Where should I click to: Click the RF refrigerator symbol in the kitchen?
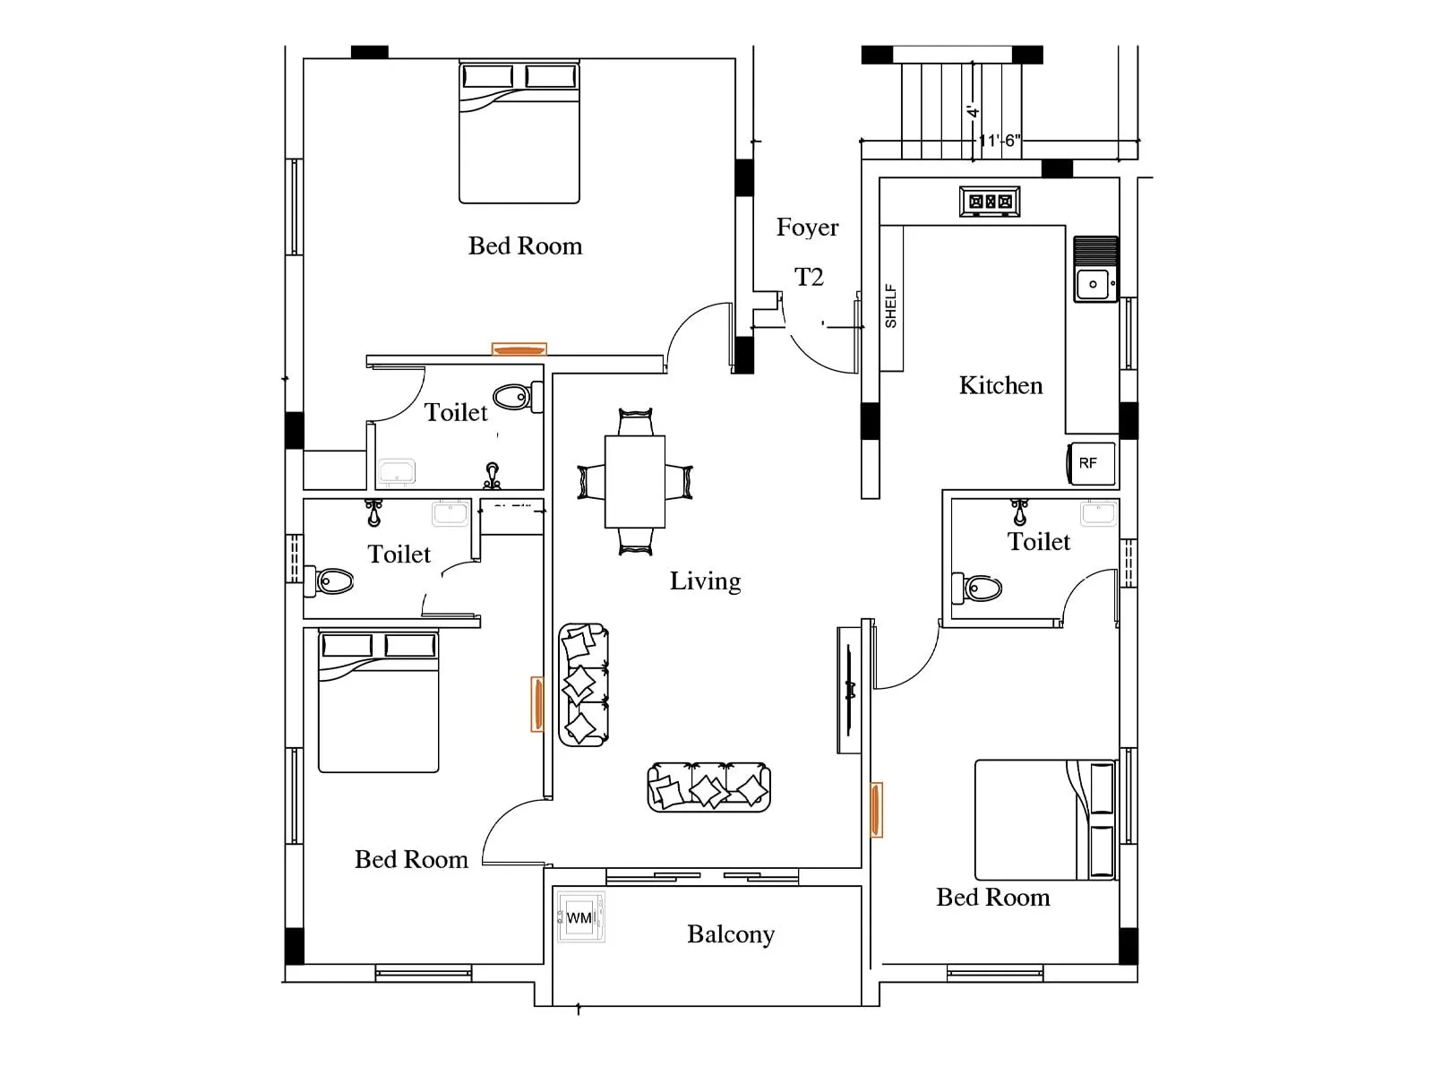[1092, 463]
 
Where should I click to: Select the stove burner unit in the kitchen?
[990, 202]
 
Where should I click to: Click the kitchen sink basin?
[1095, 284]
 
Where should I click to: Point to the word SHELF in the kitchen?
[890, 306]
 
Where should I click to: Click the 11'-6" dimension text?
[999, 141]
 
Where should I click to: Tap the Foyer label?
[807, 228]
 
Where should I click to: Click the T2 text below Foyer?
[809, 277]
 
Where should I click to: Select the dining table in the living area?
[635, 481]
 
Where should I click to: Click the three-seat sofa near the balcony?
[708, 787]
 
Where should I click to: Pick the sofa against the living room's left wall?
[583, 685]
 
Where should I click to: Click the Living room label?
[705, 581]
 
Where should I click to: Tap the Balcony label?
[730, 934]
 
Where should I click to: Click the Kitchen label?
[1000, 385]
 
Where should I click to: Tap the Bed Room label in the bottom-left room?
[411, 860]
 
